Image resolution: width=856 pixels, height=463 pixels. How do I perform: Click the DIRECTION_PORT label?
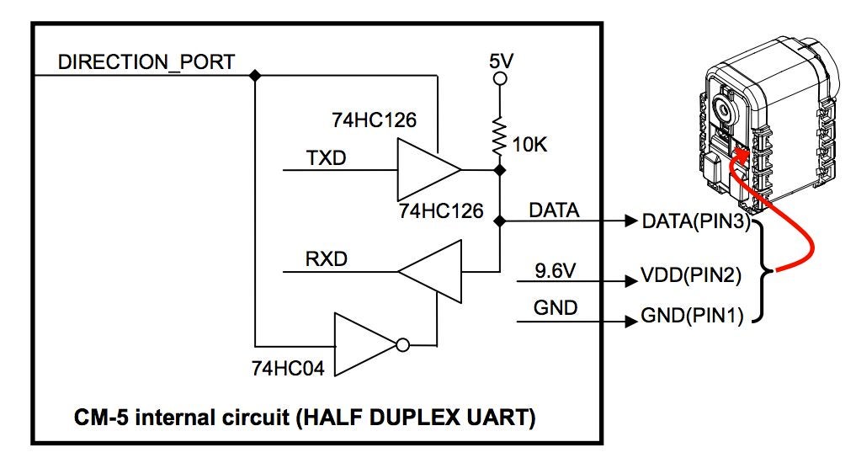[146, 61]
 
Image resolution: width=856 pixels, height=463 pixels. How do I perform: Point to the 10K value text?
[529, 145]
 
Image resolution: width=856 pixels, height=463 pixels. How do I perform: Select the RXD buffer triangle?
[431, 272]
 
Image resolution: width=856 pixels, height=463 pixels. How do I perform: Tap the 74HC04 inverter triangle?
[363, 343]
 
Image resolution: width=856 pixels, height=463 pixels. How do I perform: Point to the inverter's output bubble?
[403, 344]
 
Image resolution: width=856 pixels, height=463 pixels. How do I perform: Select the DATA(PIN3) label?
[695, 221]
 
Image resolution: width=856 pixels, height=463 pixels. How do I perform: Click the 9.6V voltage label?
[556, 270]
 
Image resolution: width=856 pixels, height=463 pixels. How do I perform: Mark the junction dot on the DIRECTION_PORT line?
[255, 75]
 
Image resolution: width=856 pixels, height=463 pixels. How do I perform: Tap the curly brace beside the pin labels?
[766, 270]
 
